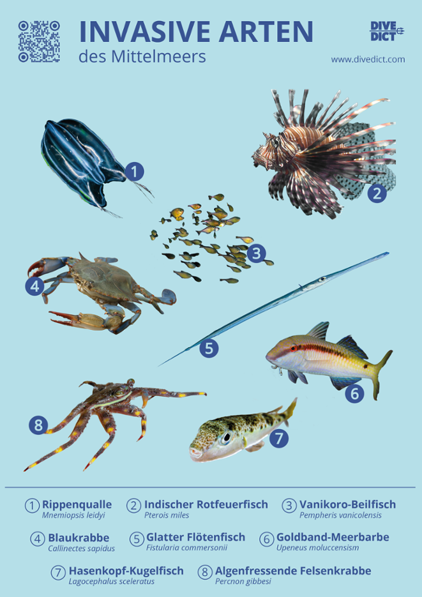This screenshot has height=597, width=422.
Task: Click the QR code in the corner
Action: coord(39,42)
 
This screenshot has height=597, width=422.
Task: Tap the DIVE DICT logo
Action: coord(388,30)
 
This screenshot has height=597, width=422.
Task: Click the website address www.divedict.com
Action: coord(368,59)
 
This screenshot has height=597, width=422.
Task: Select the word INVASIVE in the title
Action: coord(148,32)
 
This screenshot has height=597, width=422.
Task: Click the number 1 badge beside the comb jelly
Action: coord(134,171)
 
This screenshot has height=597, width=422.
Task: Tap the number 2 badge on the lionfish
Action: coord(377,193)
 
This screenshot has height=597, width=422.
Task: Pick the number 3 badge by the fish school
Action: coord(256,254)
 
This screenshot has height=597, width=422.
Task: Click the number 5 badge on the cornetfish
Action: coord(209,348)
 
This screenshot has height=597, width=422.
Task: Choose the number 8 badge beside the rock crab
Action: coord(40,424)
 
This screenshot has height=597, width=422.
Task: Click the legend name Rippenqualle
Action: coord(77,504)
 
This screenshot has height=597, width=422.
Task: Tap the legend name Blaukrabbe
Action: coord(78,538)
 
